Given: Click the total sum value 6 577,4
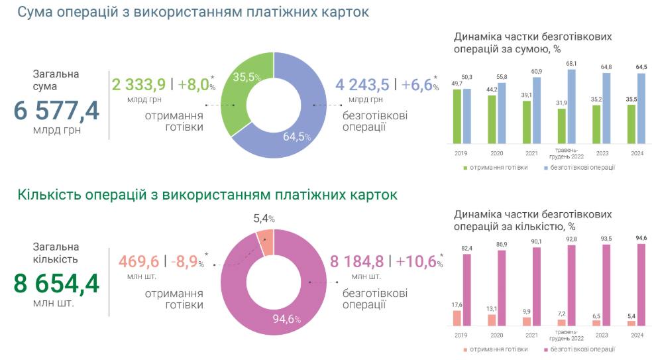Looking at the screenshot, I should point(56,110).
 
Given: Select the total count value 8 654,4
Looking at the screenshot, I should point(56,284).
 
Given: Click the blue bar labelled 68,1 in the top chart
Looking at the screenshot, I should point(571,106).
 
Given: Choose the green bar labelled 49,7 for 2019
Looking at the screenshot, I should point(457,116).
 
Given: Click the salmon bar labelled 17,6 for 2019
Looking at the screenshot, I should point(457,318).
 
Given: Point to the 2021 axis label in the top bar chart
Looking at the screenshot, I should point(531,153).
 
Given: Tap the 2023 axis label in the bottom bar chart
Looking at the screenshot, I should point(602,335).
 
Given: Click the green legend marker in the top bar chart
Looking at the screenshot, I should point(465,168).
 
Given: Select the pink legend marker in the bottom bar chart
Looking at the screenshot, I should point(546,349).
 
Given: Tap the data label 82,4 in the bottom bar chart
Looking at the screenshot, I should point(466,248).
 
